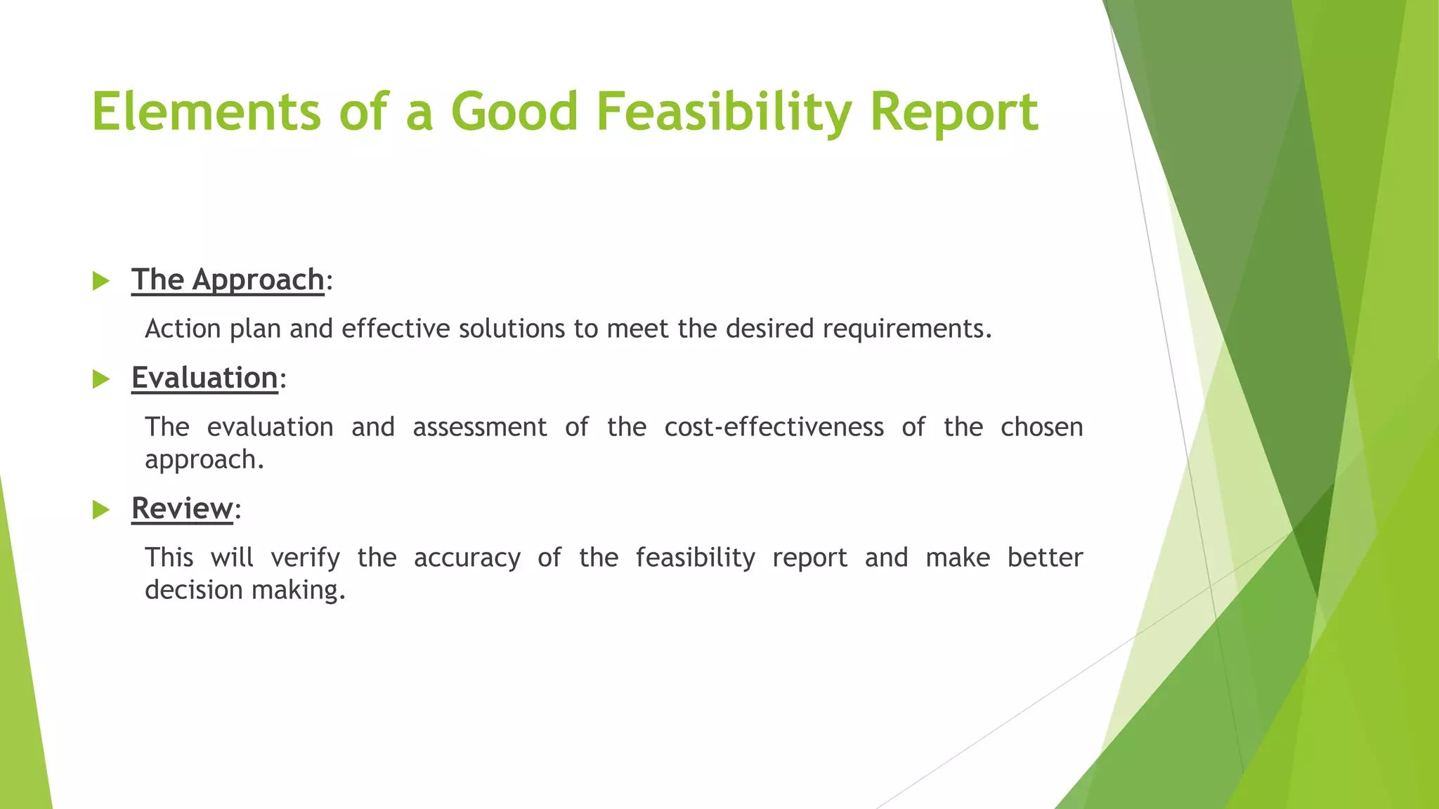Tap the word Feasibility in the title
click(x=724, y=112)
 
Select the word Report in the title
click(x=953, y=112)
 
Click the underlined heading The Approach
click(x=228, y=279)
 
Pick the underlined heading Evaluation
click(x=204, y=378)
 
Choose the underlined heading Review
click(x=182, y=508)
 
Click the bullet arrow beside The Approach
click(x=101, y=282)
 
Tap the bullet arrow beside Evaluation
click(x=101, y=380)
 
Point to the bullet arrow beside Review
click(x=101, y=511)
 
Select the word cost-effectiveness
click(x=774, y=428)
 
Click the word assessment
click(x=479, y=428)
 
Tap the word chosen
click(x=1041, y=428)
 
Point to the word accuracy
click(x=467, y=558)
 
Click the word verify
click(x=305, y=558)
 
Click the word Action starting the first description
click(x=183, y=329)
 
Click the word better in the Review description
click(x=1045, y=558)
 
